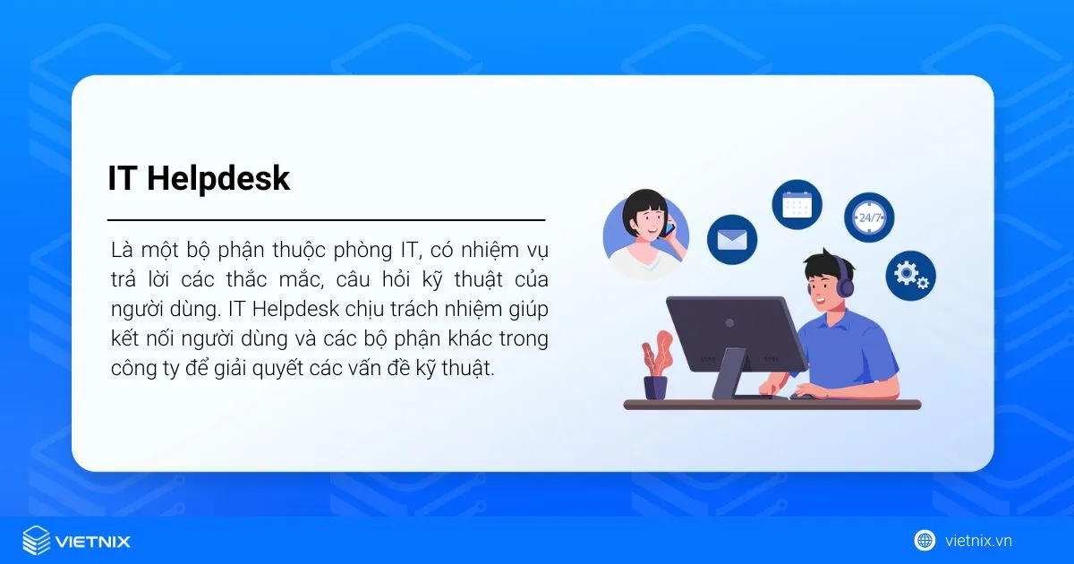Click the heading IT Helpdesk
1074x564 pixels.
click(199, 178)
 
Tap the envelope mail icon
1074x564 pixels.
click(732, 239)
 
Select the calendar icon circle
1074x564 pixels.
click(797, 205)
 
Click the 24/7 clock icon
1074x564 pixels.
click(869, 218)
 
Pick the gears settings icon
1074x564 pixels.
click(910, 275)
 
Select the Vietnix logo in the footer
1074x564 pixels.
click(76, 541)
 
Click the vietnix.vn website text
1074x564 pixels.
click(978, 541)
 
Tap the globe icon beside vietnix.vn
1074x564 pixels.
click(925, 541)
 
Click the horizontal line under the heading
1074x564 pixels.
click(326, 219)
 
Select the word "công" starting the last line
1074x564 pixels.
click(133, 370)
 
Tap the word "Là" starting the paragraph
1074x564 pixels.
click(122, 248)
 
